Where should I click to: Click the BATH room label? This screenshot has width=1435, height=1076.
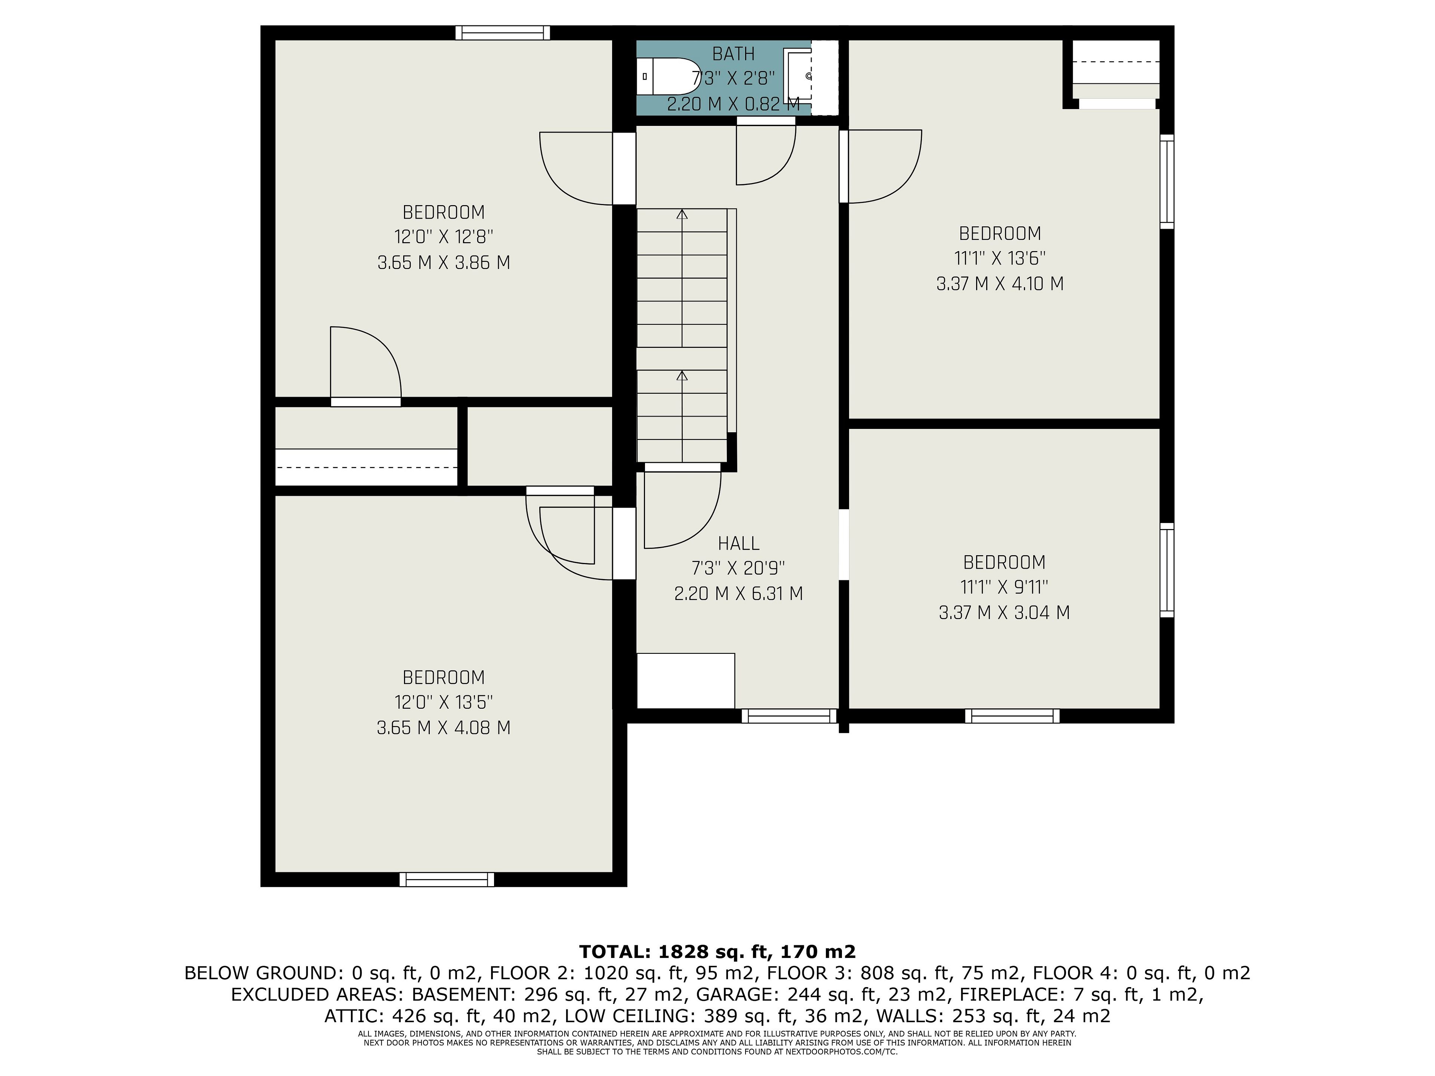(733, 54)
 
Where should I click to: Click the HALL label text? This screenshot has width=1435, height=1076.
(738, 543)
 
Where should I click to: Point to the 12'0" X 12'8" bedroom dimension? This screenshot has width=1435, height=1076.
(444, 237)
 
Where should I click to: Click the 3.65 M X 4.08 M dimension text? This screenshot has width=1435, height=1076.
(444, 728)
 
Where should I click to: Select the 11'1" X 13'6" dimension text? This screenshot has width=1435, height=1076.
(1000, 258)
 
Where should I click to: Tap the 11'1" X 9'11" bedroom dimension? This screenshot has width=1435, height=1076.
(1004, 587)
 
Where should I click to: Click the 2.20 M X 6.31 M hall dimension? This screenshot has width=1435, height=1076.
(738, 593)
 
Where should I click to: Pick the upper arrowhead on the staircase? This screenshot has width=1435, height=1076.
(682, 214)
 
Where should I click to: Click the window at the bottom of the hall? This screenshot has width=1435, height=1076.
(790, 716)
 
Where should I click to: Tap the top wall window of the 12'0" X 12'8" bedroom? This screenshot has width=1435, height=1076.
(503, 33)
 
